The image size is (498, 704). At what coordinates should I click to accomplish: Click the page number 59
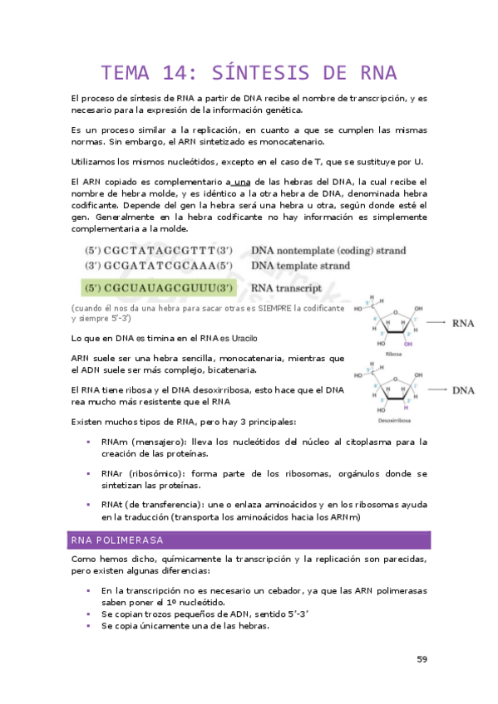coord(422,659)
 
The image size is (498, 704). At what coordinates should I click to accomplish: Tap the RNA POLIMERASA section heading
coord(116,540)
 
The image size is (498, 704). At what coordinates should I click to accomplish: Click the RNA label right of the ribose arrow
coord(463,324)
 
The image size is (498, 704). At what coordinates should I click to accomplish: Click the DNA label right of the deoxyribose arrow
coord(463,389)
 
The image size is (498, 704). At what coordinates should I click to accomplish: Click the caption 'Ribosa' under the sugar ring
coord(393,353)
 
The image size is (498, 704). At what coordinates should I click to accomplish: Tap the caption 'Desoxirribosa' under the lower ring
coord(394,419)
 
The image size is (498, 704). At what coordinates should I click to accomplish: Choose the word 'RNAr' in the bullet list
coord(113,473)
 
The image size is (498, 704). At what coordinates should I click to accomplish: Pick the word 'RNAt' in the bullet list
coord(112,504)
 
